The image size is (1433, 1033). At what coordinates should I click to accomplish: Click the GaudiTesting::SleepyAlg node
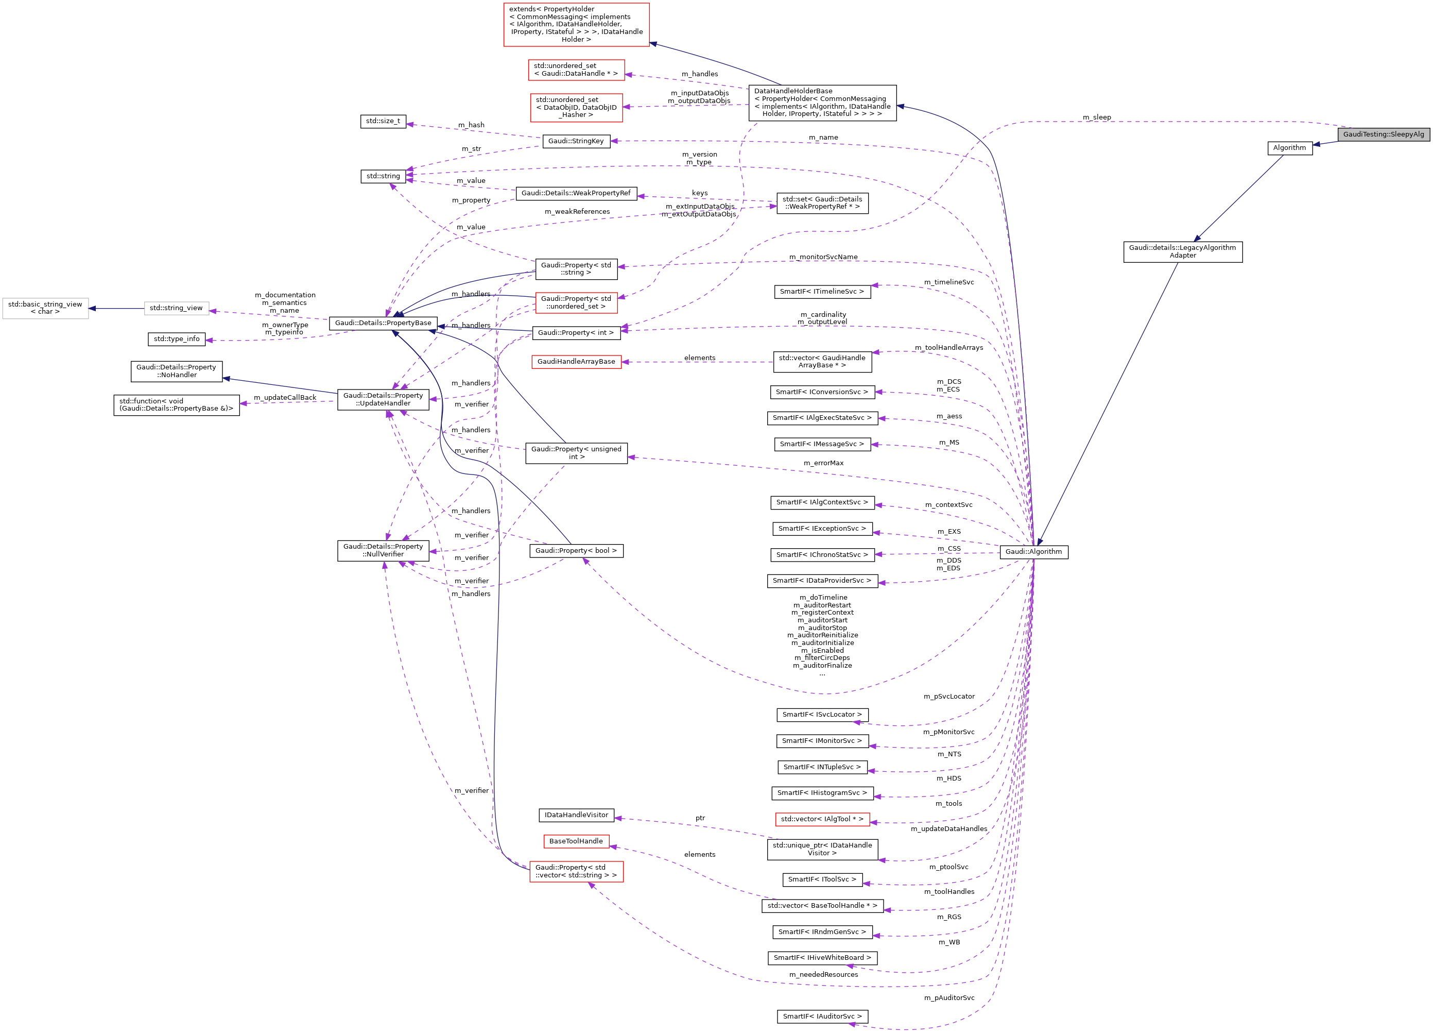[1383, 134]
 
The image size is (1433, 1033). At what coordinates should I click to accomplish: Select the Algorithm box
[1289, 148]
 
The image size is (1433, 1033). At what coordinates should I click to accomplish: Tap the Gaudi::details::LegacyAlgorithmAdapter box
[1182, 251]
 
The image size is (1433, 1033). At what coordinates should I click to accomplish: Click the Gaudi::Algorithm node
[1033, 552]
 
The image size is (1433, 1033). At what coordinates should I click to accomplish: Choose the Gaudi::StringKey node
[576, 141]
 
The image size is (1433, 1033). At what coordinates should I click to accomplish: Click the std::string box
[383, 176]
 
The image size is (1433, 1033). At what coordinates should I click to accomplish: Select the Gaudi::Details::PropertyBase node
[383, 323]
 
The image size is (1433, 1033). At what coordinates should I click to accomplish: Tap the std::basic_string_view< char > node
[45, 308]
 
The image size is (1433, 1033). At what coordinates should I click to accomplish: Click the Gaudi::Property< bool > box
[576, 551]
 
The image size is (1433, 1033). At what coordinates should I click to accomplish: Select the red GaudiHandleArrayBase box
[576, 362]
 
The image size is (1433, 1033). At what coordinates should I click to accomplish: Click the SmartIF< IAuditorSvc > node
[822, 1017]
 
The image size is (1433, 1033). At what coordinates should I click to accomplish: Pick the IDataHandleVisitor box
[576, 815]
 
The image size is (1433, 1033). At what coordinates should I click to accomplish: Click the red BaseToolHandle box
[576, 841]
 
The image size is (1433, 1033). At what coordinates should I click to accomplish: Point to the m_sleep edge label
[1096, 117]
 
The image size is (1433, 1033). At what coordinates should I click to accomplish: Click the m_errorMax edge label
[823, 463]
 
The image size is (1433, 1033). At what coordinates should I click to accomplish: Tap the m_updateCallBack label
[284, 398]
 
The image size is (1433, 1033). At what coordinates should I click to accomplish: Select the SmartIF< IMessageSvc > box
[821, 445]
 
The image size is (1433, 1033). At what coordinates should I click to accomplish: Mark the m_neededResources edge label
[823, 975]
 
